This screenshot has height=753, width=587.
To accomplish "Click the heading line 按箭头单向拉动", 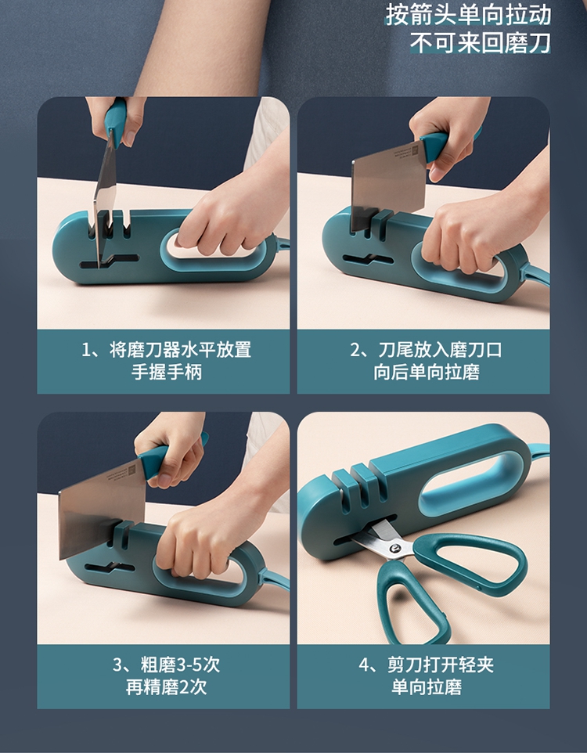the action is click(468, 15).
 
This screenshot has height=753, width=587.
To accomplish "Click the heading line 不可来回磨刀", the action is click(481, 43).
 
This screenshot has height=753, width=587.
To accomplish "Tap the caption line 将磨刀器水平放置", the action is click(180, 350).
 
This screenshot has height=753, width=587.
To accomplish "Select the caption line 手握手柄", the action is click(167, 372).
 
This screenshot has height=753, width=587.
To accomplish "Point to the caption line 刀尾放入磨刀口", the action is click(440, 350).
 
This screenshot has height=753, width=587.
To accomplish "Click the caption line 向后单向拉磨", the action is click(427, 372).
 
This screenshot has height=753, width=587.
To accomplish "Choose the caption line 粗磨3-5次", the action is click(180, 665).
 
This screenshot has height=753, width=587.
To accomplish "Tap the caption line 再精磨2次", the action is click(166, 687).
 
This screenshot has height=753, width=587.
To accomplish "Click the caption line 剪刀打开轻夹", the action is click(440, 665).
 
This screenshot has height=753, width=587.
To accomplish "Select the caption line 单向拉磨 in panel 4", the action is click(427, 687).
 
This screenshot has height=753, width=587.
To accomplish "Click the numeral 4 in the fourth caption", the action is click(364, 665).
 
